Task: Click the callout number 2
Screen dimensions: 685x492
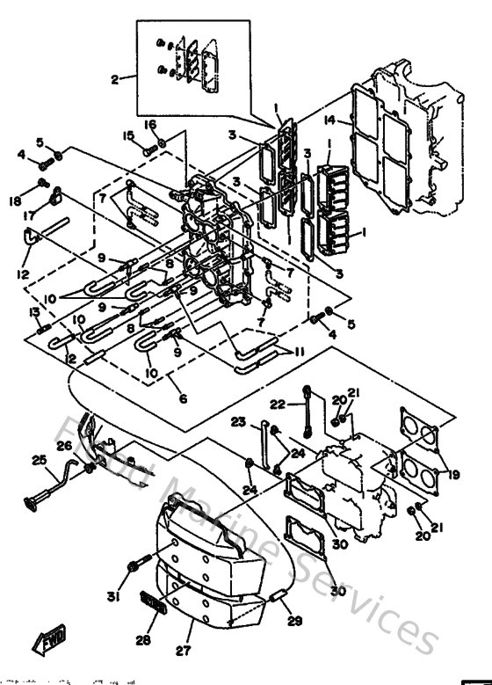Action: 114,79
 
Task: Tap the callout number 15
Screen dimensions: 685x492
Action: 128,135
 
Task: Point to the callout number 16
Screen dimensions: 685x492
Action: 150,125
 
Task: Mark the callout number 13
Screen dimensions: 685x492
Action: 34,312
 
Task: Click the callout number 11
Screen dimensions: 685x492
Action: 300,351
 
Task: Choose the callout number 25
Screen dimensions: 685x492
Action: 39,460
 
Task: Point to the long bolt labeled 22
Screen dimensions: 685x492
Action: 307,411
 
